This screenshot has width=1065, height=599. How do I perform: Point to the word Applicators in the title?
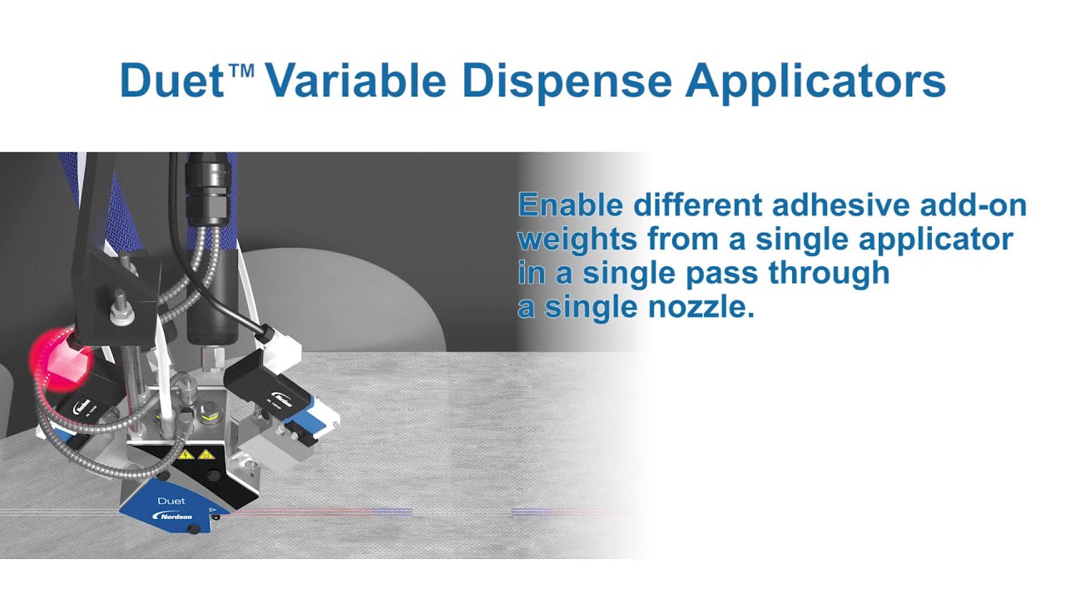point(815,81)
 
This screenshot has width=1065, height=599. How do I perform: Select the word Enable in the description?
point(570,205)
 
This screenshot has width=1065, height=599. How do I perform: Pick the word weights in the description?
point(577,240)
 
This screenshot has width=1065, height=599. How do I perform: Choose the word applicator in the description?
point(929,240)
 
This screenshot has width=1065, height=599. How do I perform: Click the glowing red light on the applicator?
point(57,354)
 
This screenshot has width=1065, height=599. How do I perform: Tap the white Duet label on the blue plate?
point(171,501)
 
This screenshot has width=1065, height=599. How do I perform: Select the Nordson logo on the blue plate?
point(174,517)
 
